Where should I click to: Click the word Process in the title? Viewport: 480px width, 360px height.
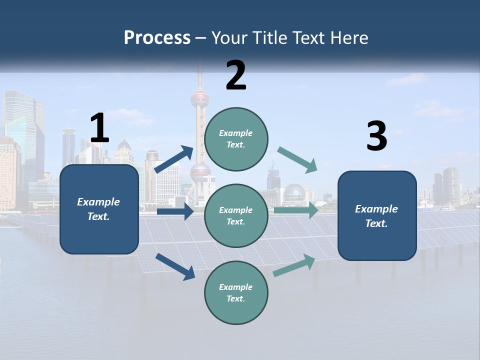click(x=157, y=37)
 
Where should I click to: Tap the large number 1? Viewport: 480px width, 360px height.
click(x=99, y=128)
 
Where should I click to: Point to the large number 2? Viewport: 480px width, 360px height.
click(x=236, y=75)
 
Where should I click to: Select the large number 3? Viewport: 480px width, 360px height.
click(x=376, y=136)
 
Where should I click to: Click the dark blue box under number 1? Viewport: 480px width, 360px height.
click(x=99, y=209)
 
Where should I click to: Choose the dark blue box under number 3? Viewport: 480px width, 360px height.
click(x=377, y=215)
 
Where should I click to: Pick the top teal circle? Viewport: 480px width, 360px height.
click(x=236, y=139)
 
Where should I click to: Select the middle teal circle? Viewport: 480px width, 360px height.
click(x=236, y=215)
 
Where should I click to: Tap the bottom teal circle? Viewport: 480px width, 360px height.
click(x=236, y=292)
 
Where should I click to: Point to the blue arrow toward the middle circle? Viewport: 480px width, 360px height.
click(x=175, y=211)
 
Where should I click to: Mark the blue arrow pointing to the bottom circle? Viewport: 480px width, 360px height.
click(x=175, y=266)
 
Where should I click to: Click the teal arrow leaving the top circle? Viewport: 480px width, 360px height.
click(x=297, y=159)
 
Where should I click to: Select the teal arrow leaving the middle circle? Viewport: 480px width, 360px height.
click(x=296, y=210)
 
